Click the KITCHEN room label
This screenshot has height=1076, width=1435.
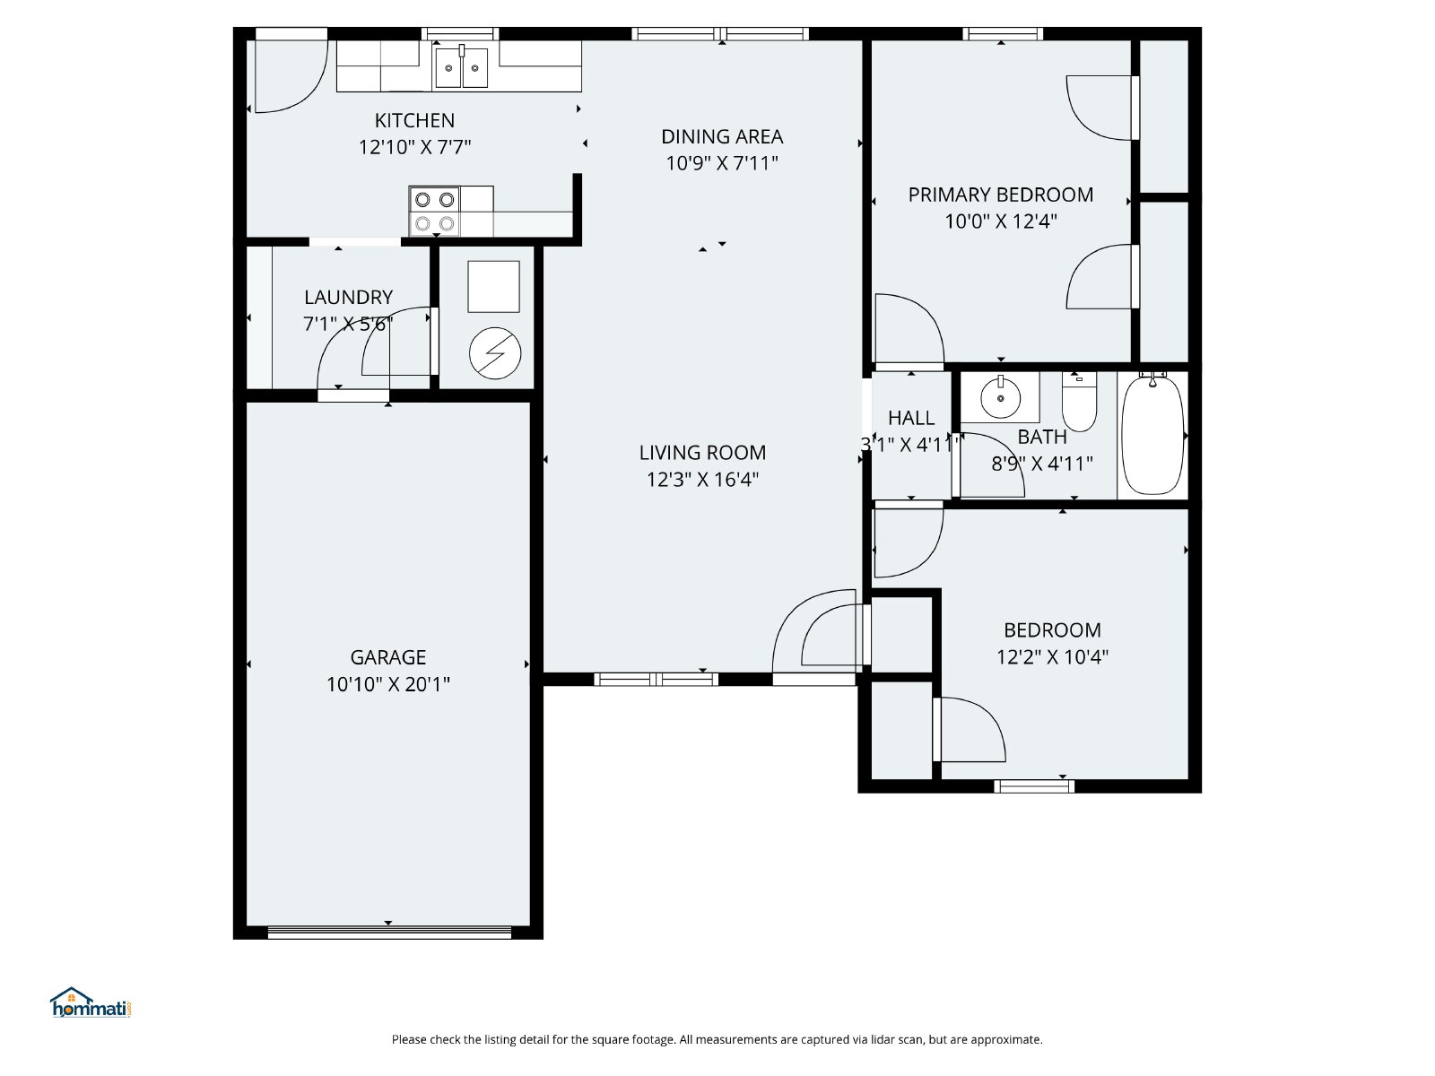tap(414, 120)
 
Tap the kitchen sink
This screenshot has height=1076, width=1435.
tap(461, 67)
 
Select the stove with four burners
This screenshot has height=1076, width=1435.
tap(434, 211)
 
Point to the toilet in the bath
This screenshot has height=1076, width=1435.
tap(1079, 401)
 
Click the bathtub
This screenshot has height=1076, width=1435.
tap(1152, 435)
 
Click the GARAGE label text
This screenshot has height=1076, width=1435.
tap(387, 656)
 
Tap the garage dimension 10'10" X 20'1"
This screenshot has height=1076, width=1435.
tap(387, 684)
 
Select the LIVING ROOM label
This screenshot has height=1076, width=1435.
tap(702, 452)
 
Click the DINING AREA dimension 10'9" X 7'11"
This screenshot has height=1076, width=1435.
tap(722, 162)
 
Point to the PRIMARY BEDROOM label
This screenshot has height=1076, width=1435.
tap(1000, 195)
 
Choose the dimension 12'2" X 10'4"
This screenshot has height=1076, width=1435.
tap(1052, 656)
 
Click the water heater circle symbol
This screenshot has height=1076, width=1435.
tap(495, 352)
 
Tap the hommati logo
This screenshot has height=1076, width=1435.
tap(91, 1002)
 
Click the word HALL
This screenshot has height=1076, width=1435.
tap(910, 418)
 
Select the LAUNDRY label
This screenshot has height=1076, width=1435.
tap(348, 298)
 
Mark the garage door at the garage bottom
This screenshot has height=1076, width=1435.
tap(389, 933)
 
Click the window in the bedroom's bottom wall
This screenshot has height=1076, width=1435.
tap(1034, 786)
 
